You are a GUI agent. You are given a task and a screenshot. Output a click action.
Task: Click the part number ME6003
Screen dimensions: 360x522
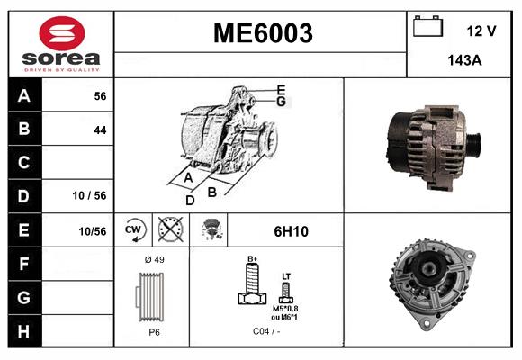262,33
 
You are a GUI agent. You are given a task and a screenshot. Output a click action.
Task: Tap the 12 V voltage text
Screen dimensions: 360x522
481,31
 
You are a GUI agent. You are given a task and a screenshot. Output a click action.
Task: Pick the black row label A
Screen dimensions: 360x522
23,96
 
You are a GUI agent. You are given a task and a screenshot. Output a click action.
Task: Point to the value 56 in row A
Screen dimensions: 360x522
100,96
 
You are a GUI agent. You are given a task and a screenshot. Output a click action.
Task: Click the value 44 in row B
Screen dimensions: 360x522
100,130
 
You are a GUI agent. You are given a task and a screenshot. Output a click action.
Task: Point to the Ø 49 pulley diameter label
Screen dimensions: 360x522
153,259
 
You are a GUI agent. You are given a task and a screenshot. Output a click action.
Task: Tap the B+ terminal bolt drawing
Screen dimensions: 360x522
252,286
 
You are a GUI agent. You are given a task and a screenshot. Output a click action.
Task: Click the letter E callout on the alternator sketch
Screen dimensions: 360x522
281,89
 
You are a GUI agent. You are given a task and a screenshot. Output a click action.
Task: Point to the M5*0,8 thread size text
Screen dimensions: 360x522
286,308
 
